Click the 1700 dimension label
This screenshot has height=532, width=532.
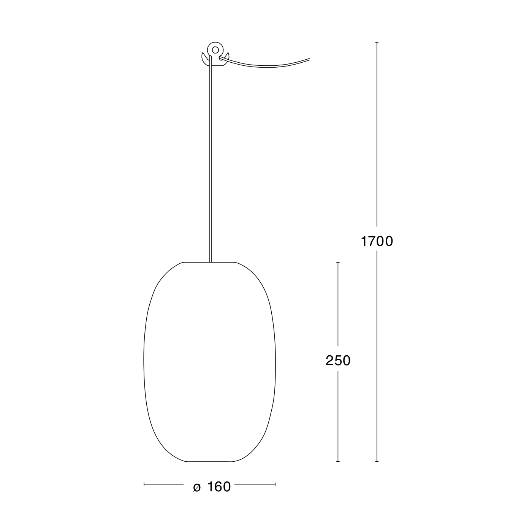tap(377, 241)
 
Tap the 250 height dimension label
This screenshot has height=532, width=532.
tap(338, 361)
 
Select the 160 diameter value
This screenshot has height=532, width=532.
tap(219, 487)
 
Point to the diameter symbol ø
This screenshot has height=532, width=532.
tap(197, 488)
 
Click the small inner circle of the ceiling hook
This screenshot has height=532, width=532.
tap(215, 50)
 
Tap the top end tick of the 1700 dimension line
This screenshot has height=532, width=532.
tap(377, 42)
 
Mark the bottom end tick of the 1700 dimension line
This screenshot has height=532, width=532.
tap(377, 461)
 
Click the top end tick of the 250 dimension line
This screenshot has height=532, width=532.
tap(338, 262)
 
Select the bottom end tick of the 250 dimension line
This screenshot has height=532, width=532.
tap(338, 461)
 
